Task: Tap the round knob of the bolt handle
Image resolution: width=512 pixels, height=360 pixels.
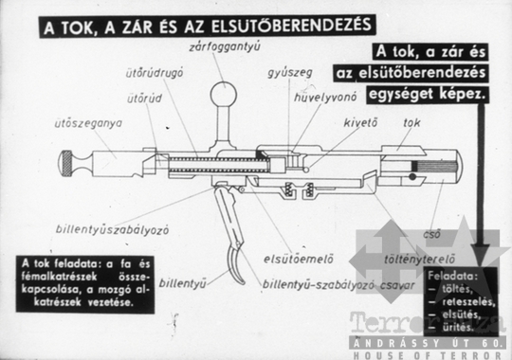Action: click(224, 94)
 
